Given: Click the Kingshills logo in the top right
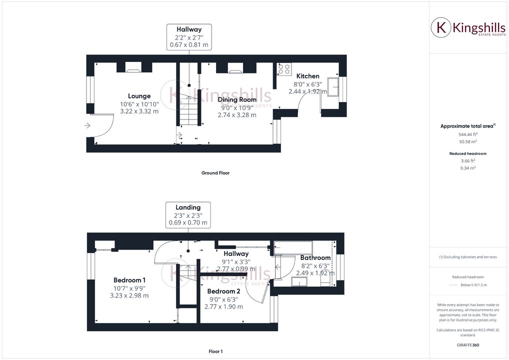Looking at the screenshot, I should point(468,28).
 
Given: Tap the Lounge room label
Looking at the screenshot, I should point(139,96).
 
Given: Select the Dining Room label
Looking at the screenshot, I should point(237,99).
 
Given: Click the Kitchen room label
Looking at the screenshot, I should point(307,76).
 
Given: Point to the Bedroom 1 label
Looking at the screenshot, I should point(129,280).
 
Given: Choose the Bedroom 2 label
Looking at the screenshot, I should point(223,291).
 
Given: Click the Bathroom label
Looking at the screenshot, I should point(315,258).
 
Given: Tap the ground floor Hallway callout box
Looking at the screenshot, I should point(188,37).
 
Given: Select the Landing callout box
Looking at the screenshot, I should point(188,214).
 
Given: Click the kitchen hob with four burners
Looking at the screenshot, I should point(284,69).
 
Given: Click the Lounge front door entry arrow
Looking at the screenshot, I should point(87,125).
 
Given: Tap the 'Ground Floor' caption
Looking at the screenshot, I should point(215,173).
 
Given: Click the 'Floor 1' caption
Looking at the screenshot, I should point(215,351).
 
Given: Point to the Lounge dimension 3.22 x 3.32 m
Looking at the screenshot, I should point(139,111).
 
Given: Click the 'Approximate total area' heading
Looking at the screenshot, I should point(466,126).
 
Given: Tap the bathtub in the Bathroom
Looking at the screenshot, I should point(292,247).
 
